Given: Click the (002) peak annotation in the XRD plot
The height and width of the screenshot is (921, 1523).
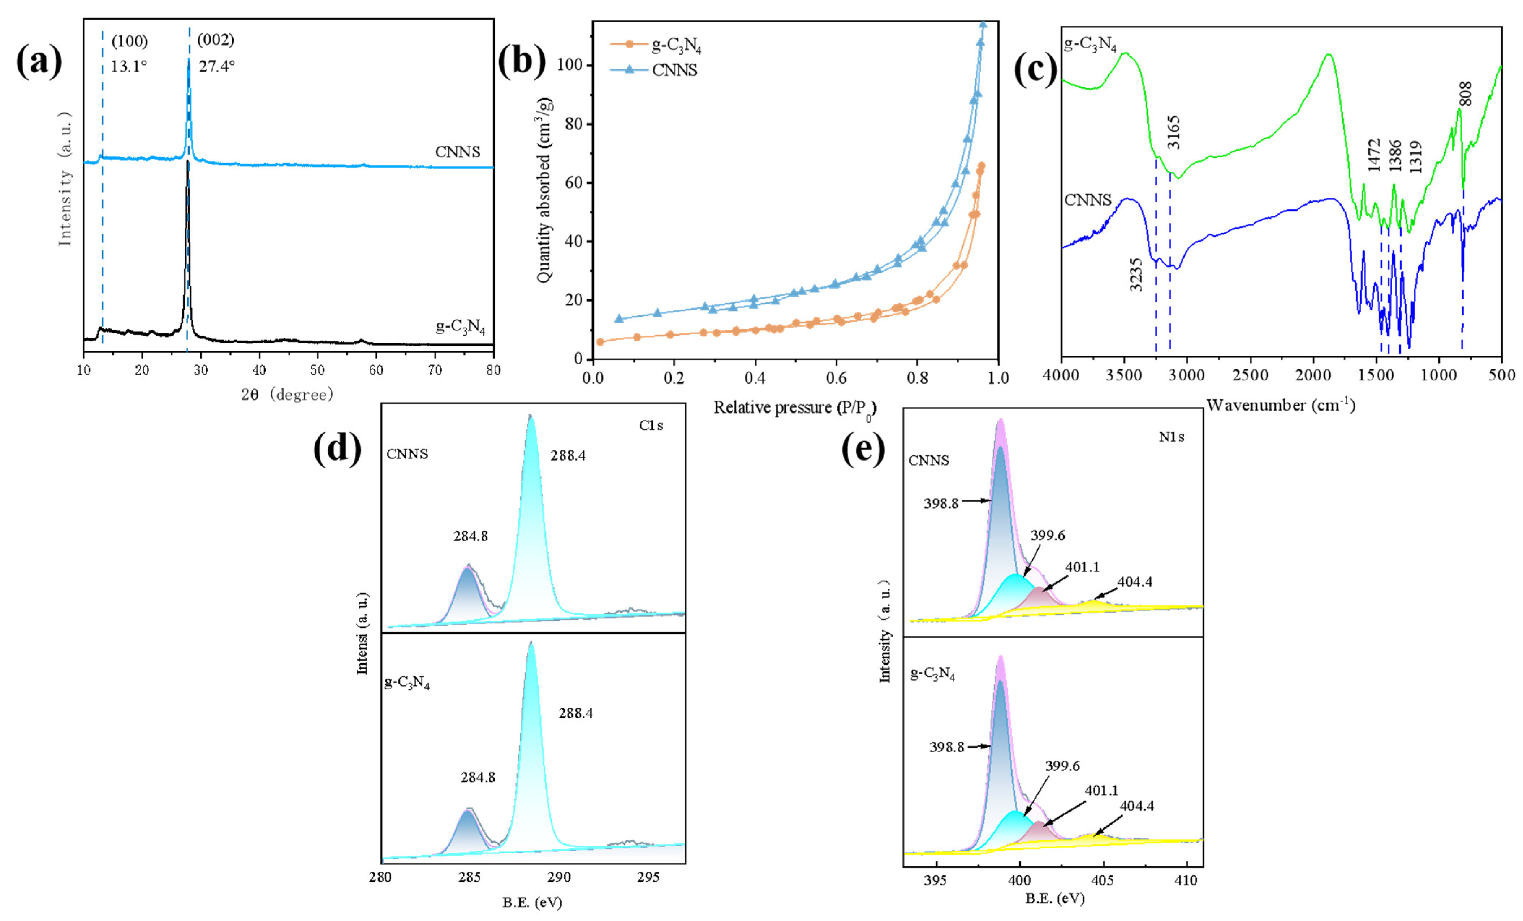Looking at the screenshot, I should coord(215,40).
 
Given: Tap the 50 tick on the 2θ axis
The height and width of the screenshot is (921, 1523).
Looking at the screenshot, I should coord(317,370).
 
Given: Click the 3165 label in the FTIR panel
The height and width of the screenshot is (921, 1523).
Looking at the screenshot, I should coord(1173,132).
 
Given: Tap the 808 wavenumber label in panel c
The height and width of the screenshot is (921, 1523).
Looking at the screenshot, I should coord(1465,94).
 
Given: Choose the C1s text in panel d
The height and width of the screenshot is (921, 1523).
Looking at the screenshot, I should coord(651,425).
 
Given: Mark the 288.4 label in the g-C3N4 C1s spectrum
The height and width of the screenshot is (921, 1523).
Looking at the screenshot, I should coord(575,713).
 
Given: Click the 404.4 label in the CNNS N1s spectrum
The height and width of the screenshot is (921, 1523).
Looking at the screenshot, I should coord(1135,581).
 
